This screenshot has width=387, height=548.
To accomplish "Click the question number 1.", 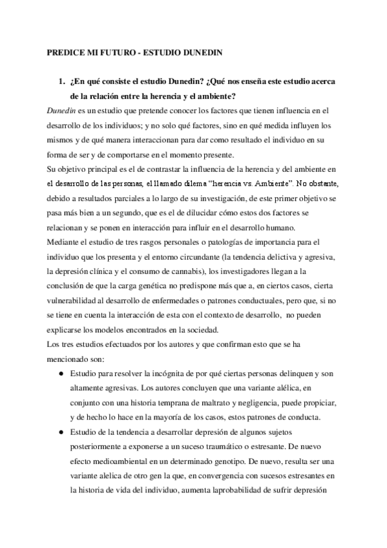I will click(x=62, y=83).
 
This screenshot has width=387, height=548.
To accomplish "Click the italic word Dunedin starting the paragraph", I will click(x=62, y=111).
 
